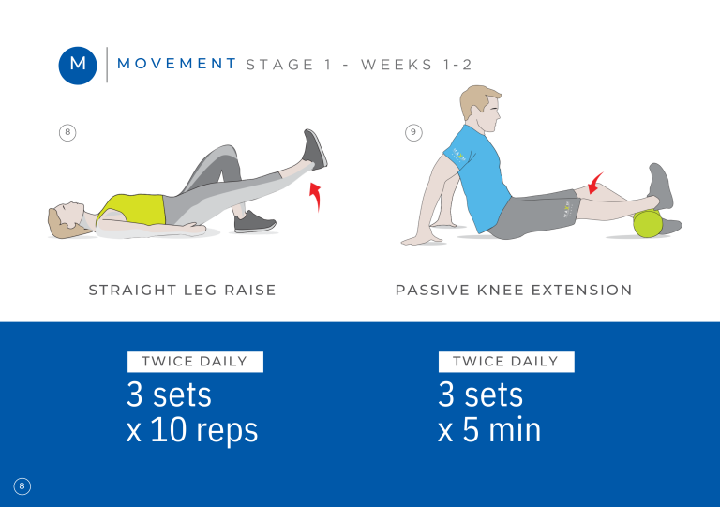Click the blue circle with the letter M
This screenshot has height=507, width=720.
coord(78,66)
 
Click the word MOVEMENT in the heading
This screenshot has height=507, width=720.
coord(177,64)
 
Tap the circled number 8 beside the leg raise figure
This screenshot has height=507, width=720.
coord(67,132)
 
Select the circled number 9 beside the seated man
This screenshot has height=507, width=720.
coord(413,132)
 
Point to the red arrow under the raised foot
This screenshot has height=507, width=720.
coord(315,197)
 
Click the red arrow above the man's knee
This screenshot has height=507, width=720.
coord(595,184)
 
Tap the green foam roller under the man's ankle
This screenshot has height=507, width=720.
coord(648,223)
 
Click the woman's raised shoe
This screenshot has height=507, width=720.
coord(315,150)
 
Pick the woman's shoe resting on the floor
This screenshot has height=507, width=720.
coord(254,221)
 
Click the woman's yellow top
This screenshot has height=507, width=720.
coord(133,209)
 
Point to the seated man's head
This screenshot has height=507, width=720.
coord(480,109)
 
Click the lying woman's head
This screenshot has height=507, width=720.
coord(66,219)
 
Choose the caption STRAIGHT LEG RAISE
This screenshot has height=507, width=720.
coord(182,290)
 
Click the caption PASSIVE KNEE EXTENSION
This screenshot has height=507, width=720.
coord(514,290)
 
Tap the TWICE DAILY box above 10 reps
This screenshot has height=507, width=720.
coord(195,362)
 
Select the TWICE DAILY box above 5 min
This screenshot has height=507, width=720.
coord(506,362)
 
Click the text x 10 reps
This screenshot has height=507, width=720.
coord(192,430)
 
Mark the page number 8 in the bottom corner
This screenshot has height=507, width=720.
coord(22,486)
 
